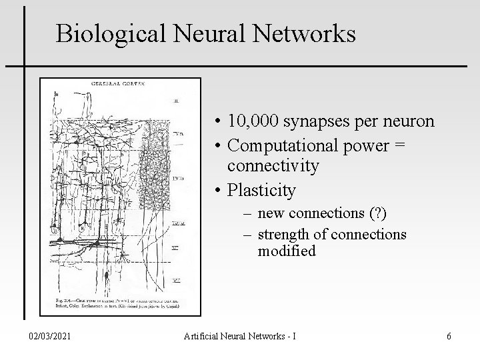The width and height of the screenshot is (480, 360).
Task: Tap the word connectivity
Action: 273,165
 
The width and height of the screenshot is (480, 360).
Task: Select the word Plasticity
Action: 261,190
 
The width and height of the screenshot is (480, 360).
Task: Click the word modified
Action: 287,251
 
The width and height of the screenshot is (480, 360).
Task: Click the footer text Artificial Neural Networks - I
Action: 240,335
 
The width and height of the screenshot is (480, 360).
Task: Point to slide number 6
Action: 449,335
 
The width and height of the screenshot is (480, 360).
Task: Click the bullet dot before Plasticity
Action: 219,191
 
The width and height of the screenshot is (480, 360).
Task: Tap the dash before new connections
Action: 247,214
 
